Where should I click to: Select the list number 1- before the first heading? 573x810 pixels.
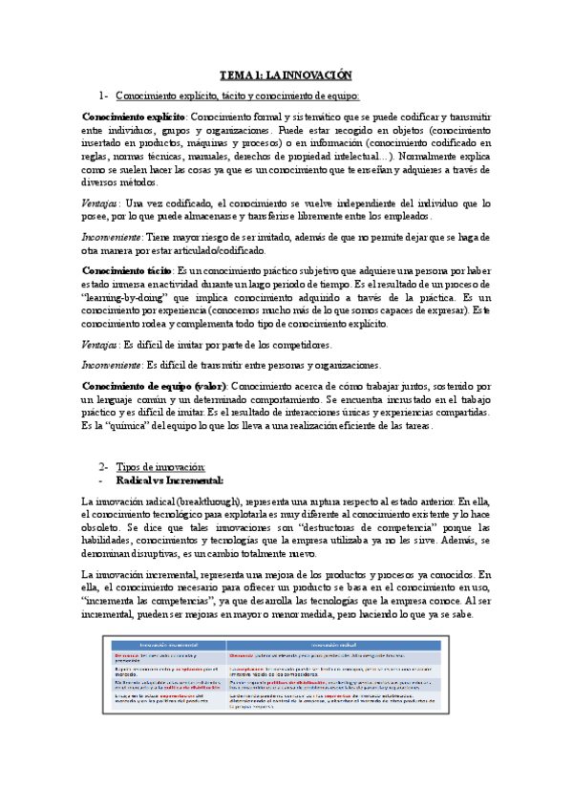104,96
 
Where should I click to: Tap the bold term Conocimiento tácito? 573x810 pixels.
124,270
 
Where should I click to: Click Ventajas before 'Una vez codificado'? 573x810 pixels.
100,203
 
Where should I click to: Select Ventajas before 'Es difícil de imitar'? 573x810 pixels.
100,344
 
